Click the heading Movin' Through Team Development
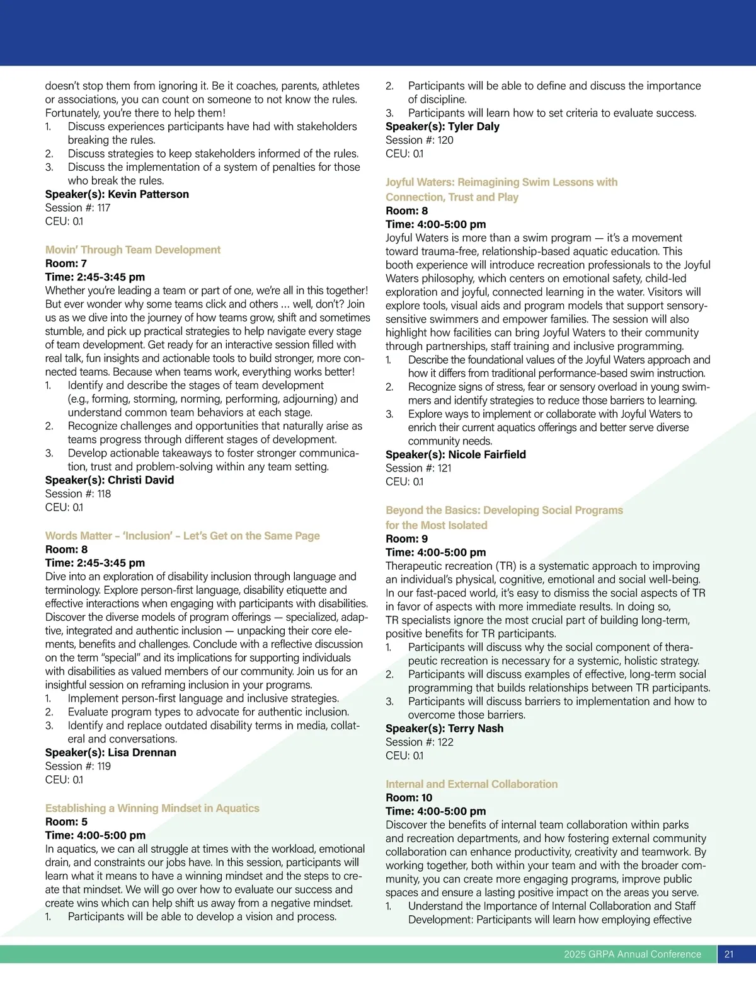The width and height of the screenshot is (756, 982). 133,250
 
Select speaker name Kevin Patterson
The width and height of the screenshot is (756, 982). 148,194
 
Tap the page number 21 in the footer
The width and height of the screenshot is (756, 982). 729,954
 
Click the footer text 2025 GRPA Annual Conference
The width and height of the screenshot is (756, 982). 632,954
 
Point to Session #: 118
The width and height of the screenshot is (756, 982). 77,494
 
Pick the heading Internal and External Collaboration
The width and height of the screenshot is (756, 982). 471,784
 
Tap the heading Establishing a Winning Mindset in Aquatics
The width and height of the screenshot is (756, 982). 152,808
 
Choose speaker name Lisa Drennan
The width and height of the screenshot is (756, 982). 142,753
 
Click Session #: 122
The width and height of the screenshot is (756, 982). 419,742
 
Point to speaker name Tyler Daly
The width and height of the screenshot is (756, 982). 473,126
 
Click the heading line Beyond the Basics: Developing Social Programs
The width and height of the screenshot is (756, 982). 504,510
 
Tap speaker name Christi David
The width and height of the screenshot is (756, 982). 140,480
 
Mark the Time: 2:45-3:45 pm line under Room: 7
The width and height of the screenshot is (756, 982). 94,277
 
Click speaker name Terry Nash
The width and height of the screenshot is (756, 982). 476,729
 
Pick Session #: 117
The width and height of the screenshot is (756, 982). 77,207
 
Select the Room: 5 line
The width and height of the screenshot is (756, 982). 66,822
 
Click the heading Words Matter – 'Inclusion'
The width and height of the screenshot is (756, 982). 182,536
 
